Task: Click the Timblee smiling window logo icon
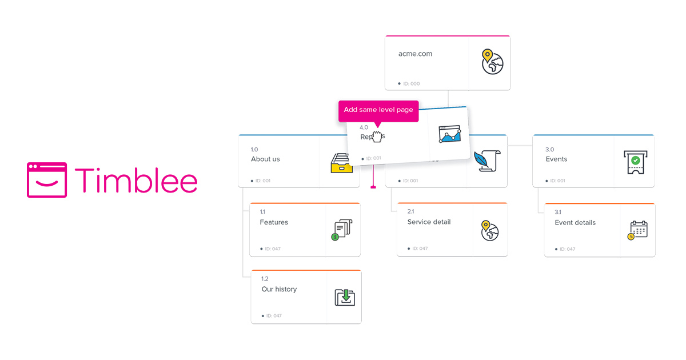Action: coord(47,180)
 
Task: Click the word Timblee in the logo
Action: coord(136,180)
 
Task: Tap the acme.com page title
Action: coord(415,54)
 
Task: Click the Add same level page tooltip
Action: coord(378,110)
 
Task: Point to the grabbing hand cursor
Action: coord(377,137)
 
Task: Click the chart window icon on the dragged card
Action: coord(449,134)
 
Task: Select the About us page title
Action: coord(265,159)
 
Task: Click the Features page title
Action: coord(274,222)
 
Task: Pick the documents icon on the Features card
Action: coord(342,229)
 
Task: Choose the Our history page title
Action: coord(279,289)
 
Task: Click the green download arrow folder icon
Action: coord(345,297)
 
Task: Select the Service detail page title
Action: coord(429,222)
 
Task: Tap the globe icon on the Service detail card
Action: coord(490,230)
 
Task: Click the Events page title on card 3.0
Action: coord(556,159)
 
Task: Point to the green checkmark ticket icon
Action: coord(635,162)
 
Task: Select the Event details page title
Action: coord(575,222)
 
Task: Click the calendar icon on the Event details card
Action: coord(637,230)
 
